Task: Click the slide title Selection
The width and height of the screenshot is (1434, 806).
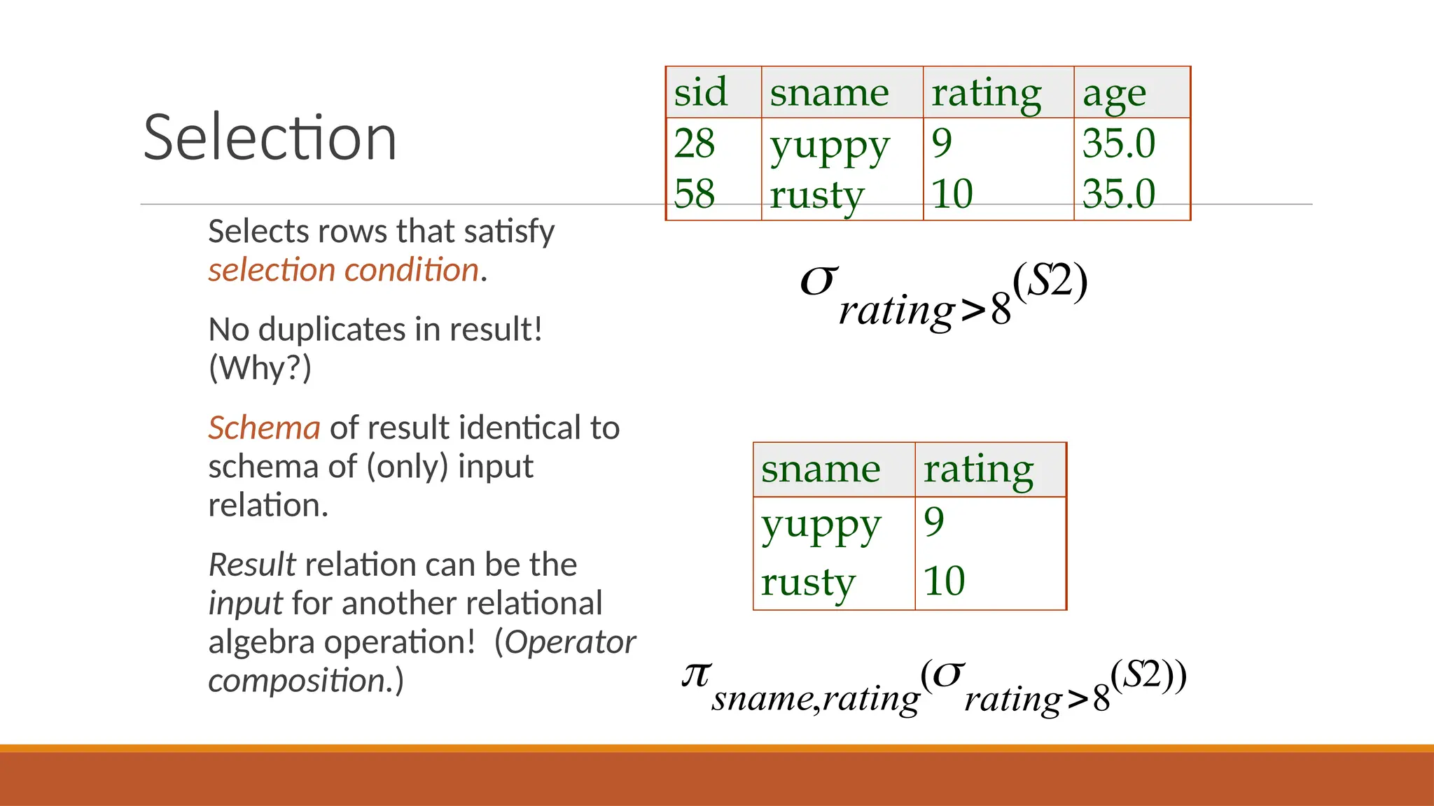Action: (x=270, y=137)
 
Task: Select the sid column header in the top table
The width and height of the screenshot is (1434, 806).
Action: (x=700, y=92)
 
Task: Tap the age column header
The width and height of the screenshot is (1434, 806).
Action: (x=1114, y=93)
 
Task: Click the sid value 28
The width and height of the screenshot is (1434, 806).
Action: (x=694, y=143)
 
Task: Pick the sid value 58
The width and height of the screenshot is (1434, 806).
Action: (x=694, y=194)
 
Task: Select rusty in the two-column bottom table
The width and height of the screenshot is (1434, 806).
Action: (x=808, y=582)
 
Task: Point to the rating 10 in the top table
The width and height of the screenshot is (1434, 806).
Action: (x=952, y=194)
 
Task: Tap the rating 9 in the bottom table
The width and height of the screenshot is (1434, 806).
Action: (x=933, y=522)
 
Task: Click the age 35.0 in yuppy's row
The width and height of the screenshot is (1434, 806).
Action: (x=1118, y=143)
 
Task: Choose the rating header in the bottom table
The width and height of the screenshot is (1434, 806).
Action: (x=978, y=469)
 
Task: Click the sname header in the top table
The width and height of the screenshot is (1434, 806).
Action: (x=829, y=92)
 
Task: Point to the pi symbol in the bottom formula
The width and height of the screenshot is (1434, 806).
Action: (x=697, y=675)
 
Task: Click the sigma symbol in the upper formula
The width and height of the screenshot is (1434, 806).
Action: (x=819, y=281)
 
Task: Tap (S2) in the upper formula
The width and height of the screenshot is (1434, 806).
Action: (x=1050, y=281)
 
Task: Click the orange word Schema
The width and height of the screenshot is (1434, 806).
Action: (x=264, y=427)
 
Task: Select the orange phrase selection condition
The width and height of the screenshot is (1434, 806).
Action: (x=343, y=270)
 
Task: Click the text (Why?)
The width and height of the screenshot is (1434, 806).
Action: (x=260, y=367)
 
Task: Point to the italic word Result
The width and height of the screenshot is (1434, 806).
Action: (x=252, y=565)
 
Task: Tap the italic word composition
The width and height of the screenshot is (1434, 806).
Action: (x=297, y=681)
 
